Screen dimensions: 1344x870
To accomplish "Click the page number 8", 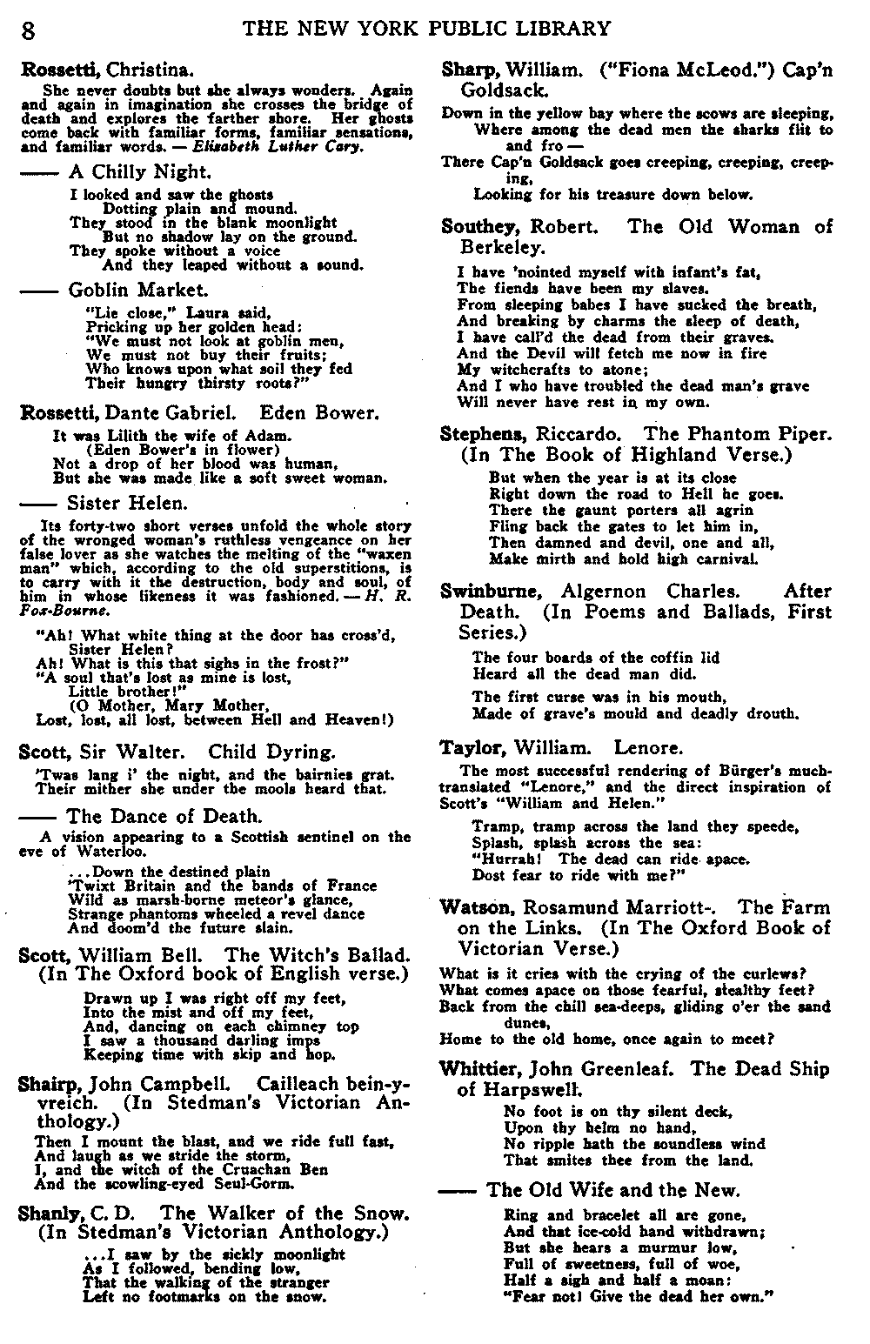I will pos(29,30).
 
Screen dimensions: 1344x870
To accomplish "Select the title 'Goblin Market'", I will pos(137,290).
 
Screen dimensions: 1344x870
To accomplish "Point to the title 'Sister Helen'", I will pos(126,503).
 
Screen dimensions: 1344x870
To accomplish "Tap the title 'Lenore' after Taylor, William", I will pos(648,747).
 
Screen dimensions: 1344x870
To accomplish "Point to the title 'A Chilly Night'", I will pos(139,172).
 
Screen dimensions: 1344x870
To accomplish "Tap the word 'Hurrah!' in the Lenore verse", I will pos(500,859).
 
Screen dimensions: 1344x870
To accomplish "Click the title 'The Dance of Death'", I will pos(164,816).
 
